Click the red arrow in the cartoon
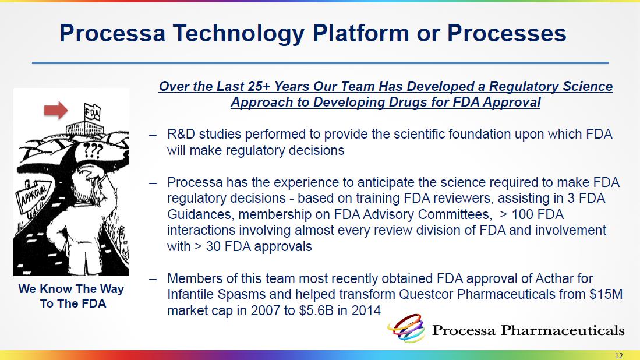coord(56,110)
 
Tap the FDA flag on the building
coord(92,112)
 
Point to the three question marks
coord(93,151)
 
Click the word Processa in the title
coord(112,33)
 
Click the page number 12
coord(619,355)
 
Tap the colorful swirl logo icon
coord(406,328)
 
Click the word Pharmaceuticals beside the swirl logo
coord(563,330)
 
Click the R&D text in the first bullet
coord(181,134)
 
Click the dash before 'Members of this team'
coord(153,279)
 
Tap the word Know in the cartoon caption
coord(56,289)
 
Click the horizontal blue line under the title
coord(320,63)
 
